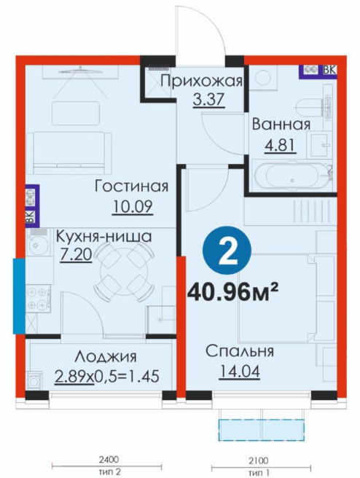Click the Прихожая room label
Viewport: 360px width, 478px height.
[201, 82]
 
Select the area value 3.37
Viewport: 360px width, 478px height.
[209, 99]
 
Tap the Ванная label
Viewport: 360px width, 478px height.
[281, 125]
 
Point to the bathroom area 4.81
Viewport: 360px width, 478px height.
[280, 145]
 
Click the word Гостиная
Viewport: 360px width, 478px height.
[131, 186]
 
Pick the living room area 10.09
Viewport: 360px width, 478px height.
[133, 207]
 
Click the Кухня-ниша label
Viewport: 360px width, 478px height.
[104, 236]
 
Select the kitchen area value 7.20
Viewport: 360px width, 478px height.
[76, 254]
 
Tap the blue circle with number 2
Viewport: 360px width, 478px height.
[227, 251]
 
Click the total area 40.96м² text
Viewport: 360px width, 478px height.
[233, 292]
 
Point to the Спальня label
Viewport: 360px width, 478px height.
[240, 351]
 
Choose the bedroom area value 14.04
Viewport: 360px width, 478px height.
[240, 372]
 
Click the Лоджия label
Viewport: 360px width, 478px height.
[106, 356]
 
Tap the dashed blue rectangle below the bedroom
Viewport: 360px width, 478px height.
[261, 430]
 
